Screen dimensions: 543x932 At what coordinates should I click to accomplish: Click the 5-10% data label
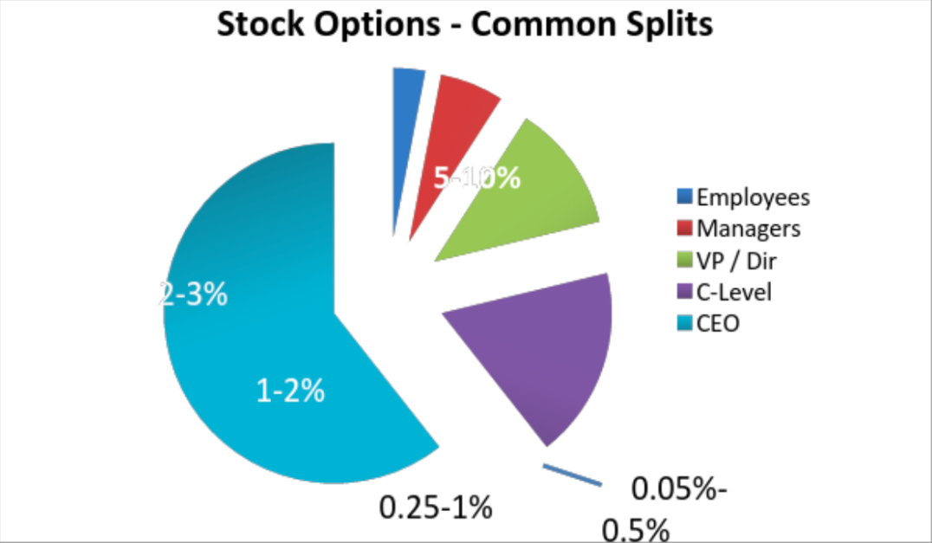477,178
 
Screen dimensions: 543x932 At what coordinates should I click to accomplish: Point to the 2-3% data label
194,294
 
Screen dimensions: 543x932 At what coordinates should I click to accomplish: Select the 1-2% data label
290,391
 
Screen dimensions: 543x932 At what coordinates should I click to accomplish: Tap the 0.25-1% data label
436,505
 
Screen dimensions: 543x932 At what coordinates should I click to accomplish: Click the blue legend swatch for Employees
684,197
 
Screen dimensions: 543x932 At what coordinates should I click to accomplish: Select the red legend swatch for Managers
684,229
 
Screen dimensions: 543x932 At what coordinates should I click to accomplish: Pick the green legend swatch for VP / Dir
684,260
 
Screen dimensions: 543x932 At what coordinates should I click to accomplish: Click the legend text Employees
753,197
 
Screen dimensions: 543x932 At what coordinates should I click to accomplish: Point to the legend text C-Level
734,293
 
